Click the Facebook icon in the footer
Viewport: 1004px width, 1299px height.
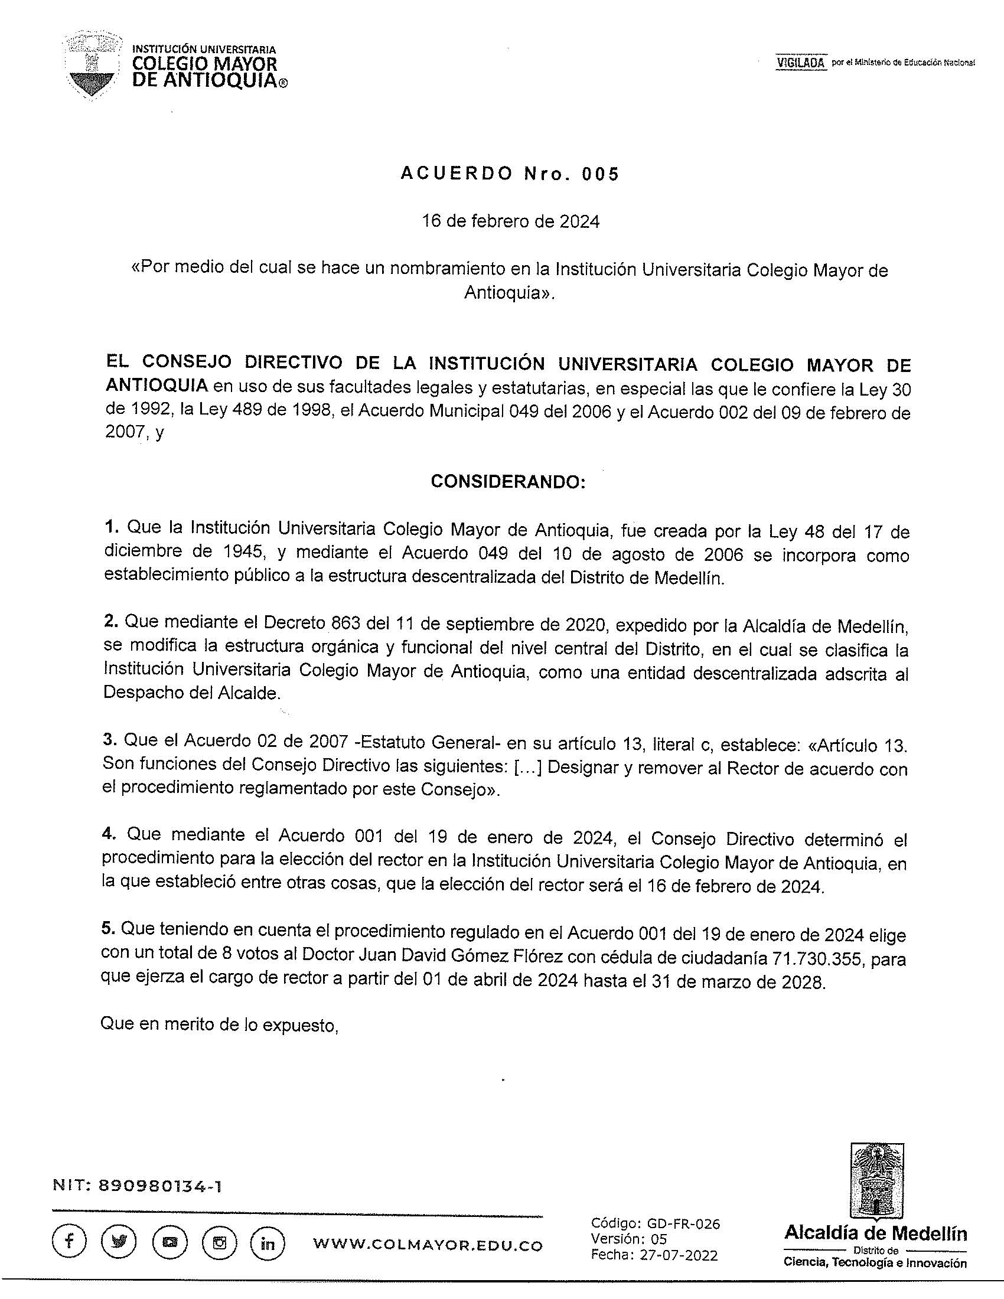pyautogui.click(x=69, y=1242)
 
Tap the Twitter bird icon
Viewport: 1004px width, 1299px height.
pyautogui.click(x=119, y=1242)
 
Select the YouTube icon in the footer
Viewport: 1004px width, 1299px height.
pyautogui.click(x=169, y=1242)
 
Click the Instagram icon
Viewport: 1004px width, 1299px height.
pyautogui.click(x=219, y=1242)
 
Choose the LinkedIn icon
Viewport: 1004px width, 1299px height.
pyautogui.click(x=268, y=1242)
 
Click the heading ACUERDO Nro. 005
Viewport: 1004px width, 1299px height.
pyautogui.click(x=510, y=174)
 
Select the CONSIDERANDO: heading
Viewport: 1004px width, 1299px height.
pyautogui.click(x=508, y=482)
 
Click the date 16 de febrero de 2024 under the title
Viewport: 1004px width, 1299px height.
pyautogui.click(x=511, y=222)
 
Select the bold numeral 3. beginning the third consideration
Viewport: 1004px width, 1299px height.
pyautogui.click(x=109, y=740)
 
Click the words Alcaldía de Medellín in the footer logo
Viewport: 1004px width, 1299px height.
pyautogui.click(x=875, y=1232)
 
